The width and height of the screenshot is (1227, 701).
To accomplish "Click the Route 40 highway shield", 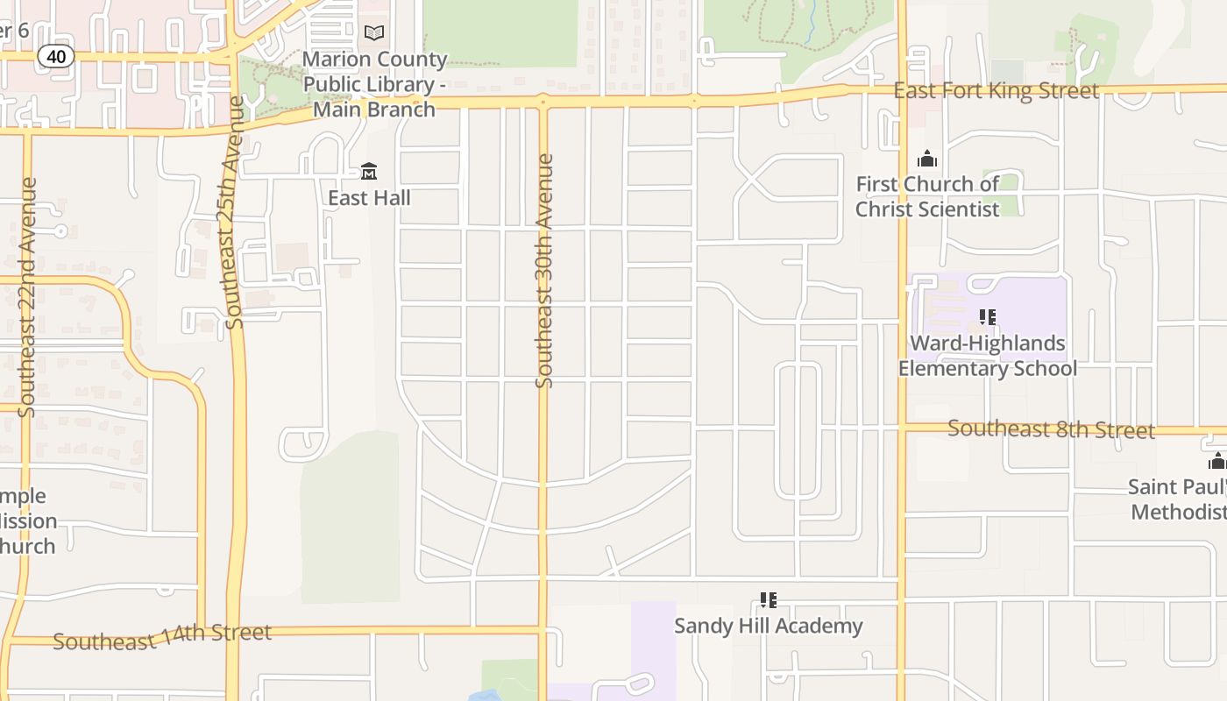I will pyautogui.click(x=56, y=57).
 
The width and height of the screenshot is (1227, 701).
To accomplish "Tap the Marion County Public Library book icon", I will pyautogui.click(x=374, y=33).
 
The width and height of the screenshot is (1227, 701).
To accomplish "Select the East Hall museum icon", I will pyautogui.click(x=369, y=171).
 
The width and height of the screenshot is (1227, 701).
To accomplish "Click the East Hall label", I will pyautogui.click(x=369, y=198).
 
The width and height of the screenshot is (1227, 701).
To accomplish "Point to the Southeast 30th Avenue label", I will pyautogui.click(x=544, y=272).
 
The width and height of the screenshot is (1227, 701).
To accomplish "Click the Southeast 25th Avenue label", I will pyautogui.click(x=234, y=213).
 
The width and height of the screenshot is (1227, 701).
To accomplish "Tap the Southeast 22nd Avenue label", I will pyautogui.click(x=27, y=298).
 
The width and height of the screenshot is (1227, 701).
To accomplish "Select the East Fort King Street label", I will pyautogui.click(x=996, y=91).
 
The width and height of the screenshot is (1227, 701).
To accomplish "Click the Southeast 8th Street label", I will pyautogui.click(x=1051, y=429).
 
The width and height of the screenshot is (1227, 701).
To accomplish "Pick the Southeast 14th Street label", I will pyautogui.click(x=162, y=637).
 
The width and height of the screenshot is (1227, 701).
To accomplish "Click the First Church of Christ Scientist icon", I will pyautogui.click(x=926, y=159).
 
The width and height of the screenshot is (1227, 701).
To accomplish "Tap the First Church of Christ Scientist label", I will pyautogui.click(x=927, y=197).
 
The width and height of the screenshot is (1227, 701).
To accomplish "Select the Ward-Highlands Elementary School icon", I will pyautogui.click(x=988, y=317).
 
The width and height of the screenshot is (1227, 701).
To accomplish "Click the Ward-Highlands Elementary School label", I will pyautogui.click(x=988, y=356).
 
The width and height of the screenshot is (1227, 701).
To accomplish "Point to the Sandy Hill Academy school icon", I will pyautogui.click(x=769, y=600).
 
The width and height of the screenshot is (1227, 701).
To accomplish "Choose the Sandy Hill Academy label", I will pyautogui.click(x=769, y=626).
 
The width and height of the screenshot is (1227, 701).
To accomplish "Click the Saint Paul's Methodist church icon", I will pyautogui.click(x=1217, y=461).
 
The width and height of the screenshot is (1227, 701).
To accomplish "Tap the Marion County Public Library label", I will pyautogui.click(x=375, y=85).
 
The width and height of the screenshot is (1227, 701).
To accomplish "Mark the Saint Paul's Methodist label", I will pyautogui.click(x=1177, y=499).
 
